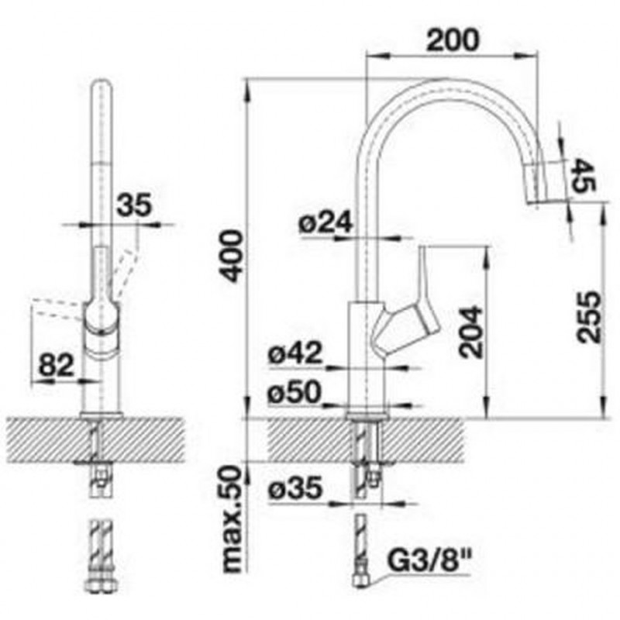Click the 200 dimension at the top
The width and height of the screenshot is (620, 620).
click(453, 40)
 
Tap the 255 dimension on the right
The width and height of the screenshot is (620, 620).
click(589, 316)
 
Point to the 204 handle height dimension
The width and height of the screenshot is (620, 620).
click(471, 332)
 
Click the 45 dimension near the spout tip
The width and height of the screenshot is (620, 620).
click(584, 175)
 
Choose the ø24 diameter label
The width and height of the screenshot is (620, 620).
click(325, 222)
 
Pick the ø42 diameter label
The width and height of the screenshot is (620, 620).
click(294, 353)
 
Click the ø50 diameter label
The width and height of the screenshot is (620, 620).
click(294, 392)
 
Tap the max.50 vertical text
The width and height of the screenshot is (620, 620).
click(231, 519)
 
